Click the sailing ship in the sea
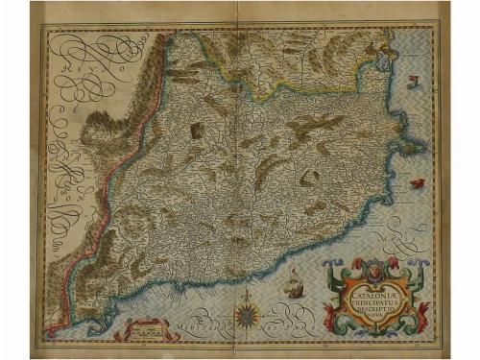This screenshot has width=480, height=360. click(x=293, y=280)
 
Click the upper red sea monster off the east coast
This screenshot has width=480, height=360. click(x=413, y=80)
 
